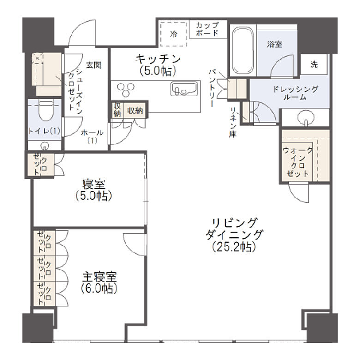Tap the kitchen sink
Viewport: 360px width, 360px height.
pos(185,88)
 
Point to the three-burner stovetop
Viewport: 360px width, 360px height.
pos(126,88)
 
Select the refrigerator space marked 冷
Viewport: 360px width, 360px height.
pos(174,34)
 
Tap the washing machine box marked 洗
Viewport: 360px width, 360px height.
pos(314,65)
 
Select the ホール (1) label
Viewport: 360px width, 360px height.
pos(92,136)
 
